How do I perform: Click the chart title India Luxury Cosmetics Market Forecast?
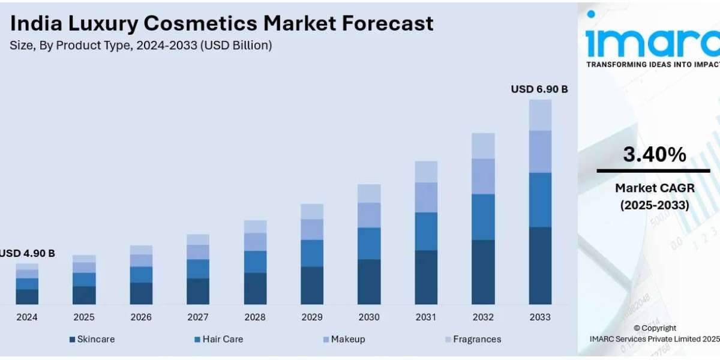click(221, 23)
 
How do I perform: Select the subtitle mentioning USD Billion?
click(141, 46)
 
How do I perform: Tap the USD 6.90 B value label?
click(539, 89)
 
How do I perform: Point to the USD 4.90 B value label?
click(28, 253)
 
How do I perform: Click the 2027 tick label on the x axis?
click(197, 317)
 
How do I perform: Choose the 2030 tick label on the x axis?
click(369, 317)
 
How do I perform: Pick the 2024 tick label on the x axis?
click(26, 317)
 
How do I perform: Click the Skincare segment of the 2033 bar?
click(540, 265)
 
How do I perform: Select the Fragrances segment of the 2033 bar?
click(540, 115)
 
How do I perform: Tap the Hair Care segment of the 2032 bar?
click(483, 217)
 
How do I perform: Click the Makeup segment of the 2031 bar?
click(426, 197)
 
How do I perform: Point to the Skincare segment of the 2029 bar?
click(312, 285)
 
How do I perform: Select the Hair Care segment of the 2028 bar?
click(255, 262)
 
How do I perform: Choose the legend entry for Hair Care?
click(218, 339)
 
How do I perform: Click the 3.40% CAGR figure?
click(654, 155)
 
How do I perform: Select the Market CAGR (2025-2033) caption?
click(654, 196)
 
